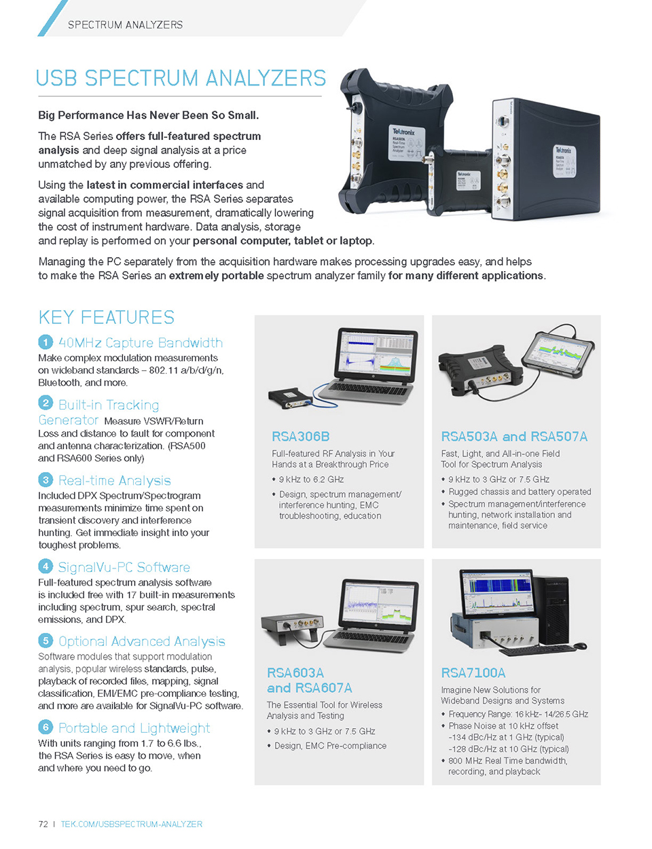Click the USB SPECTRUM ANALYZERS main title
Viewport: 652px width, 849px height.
(181, 79)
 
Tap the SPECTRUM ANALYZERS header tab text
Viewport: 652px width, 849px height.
(125, 25)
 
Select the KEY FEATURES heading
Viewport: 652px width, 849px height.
(107, 317)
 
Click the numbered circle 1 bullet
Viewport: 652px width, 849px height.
(46, 342)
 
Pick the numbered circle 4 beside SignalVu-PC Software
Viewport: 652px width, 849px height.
(46, 566)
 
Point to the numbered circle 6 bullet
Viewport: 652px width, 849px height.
(46, 727)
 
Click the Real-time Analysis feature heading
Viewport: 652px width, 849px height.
(114, 481)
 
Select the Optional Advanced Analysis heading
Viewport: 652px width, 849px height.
(141, 641)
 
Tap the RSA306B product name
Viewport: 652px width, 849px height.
(300, 436)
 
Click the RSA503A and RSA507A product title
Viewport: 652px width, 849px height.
(514, 436)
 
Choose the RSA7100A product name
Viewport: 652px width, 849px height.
(473, 672)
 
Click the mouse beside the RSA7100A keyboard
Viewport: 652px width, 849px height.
(580, 645)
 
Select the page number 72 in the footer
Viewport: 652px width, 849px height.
(43, 824)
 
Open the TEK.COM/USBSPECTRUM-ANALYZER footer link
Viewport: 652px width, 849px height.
(131, 824)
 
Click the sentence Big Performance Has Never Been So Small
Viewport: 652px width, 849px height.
(148, 115)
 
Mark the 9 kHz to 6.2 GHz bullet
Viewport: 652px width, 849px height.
(311, 480)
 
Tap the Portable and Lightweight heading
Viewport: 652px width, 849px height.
(134, 728)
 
